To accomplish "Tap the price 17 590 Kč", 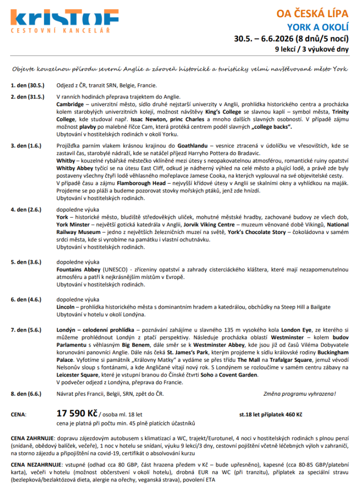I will click(77, 413).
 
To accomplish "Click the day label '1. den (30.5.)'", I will click(27, 86).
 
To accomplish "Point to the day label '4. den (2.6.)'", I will click(26, 210).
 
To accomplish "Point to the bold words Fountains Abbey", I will click(79, 269).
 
